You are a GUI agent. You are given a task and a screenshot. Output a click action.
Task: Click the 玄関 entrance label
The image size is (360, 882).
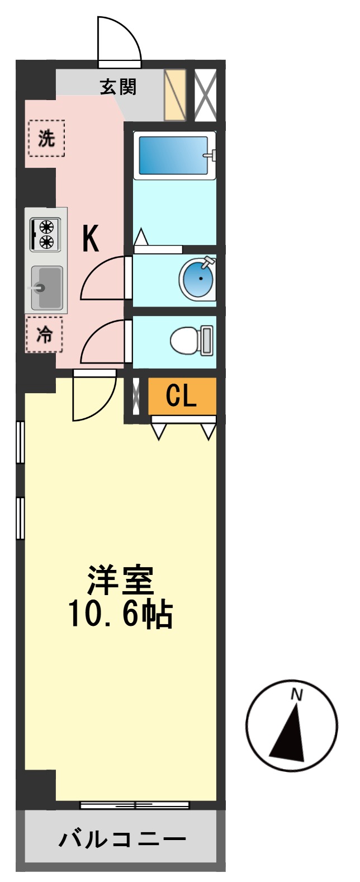tap(118, 87)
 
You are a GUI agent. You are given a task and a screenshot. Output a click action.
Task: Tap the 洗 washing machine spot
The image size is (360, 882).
tap(46, 138)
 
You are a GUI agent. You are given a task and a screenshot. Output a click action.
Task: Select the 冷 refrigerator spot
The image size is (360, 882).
tap(44, 334)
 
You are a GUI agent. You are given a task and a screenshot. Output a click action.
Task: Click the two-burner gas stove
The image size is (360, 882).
tap(45, 234)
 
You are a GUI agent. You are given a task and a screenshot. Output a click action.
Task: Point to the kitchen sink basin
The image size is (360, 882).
tap(47, 287)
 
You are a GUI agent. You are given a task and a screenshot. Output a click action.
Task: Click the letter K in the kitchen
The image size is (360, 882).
tap(91, 239)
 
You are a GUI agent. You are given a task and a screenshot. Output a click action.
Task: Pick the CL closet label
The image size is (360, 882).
tap(182, 396)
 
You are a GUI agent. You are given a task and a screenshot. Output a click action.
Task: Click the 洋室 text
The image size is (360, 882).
tap(120, 580)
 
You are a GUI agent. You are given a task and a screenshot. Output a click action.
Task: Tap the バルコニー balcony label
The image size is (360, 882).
tap(122, 839)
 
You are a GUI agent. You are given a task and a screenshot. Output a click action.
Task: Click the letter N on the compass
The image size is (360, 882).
tap(296, 695)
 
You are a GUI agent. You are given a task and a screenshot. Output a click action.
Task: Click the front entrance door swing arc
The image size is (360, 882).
tap(119, 39)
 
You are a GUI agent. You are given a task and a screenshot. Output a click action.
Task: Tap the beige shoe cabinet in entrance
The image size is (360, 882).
tap(174, 95)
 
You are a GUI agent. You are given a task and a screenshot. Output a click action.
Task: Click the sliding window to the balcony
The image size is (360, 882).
tap(134, 805)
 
